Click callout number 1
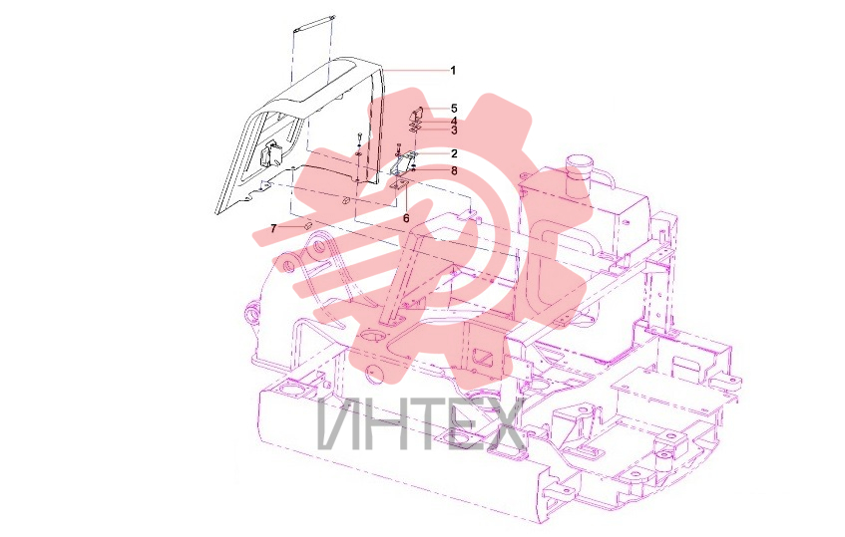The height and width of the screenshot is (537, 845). (x=453, y=71)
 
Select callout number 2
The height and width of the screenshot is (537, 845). (x=454, y=153)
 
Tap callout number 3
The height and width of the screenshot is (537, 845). (x=454, y=131)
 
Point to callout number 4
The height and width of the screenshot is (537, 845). (x=454, y=121)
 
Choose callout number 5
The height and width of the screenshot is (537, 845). (x=454, y=109)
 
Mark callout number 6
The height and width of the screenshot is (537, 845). (x=406, y=219)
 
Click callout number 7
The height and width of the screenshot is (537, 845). (x=273, y=229)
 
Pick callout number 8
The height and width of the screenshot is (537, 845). (x=454, y=170)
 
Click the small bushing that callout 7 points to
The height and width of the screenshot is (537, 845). (x=308, y=224)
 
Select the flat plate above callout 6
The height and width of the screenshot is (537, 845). (x=399, y=185)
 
